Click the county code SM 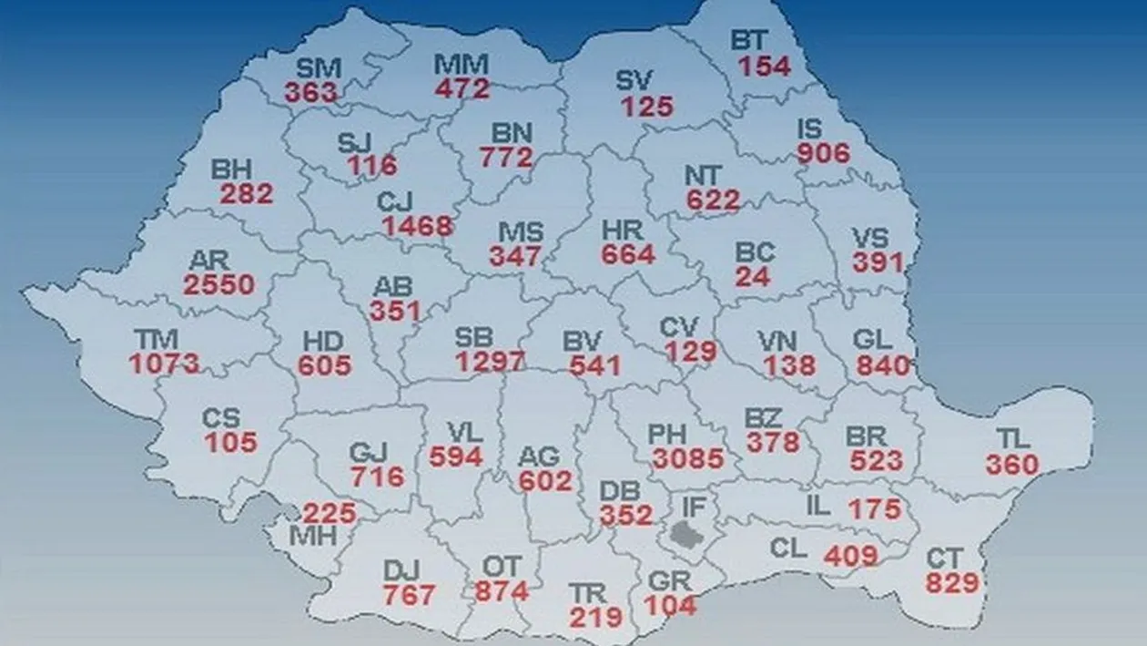coord(319,68)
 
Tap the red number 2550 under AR coord(218,284)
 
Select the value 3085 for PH coord(687,458)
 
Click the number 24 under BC coord(752,277)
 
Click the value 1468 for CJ coord(418,226)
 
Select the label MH coord(312,536)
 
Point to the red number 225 coord(329,513)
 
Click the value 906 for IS coord(823,153)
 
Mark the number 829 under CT coord(952,582)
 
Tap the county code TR coord(587,593)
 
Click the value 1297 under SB coord(490,362)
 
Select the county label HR coord(623,231)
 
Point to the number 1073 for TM coord(164,364)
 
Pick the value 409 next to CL coord(851,555)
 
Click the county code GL coord(872,341)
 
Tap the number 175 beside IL coord(875,508)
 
